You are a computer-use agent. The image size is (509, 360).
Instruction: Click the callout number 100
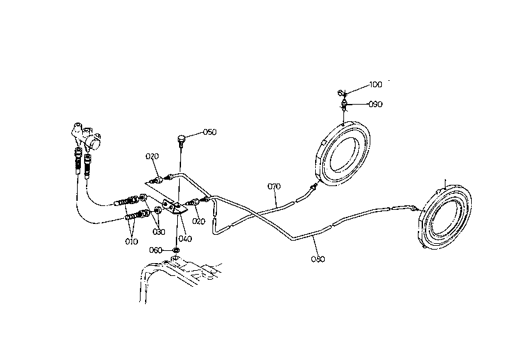tap(375, 85)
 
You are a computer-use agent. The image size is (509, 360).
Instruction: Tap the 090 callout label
tap(375, 103)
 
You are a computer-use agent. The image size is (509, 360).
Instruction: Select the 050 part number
tap(210, 132)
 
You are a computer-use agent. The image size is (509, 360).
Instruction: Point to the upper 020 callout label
tap(151, 156)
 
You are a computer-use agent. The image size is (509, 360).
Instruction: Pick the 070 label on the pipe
tap(274, 187)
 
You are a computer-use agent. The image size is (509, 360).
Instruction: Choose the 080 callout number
tap(317, 259)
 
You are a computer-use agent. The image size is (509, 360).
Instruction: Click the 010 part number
tap(132, 241)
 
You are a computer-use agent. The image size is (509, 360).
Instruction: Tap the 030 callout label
tap(159, 232)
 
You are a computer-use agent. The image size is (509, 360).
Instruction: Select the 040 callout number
tap(185, 239)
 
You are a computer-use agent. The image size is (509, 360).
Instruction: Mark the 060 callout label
tap(156, 250)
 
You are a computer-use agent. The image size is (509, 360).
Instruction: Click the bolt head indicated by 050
tap(182, 137)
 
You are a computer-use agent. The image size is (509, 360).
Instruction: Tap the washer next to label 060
tap(176, 250)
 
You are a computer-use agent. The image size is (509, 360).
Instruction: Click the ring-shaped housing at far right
tap(445, 217)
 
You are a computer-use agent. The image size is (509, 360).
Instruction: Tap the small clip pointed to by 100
tap(343, 94)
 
